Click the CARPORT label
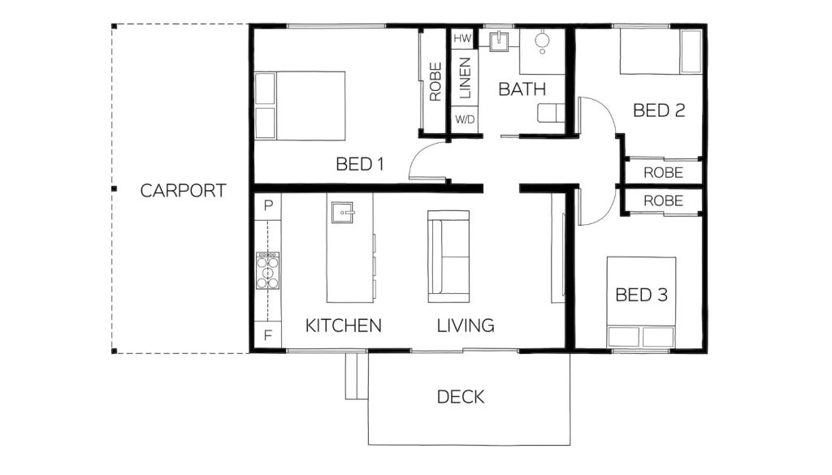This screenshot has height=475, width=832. pyautogui.click(x=183, y=191)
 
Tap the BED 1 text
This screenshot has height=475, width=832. pyautogui.click(x=359, y=165)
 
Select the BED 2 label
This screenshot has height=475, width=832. pyautogui.click(x=659, y=110)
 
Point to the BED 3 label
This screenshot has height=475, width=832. pyautogui.click(x=641, y=295)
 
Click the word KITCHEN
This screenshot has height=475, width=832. pyautogui.click(x=343, y=326)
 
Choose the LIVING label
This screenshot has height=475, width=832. pyautogui.click(x=466, y=326)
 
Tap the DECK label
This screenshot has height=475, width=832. pyautogui.click(x=461, y=397)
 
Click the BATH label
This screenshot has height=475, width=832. pyautogui.click(x=522, y=89)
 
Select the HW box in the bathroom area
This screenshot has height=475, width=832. pyautogui.click(x=462, y=39)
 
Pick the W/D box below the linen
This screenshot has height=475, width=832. pyautogui.click(x=465, y=120)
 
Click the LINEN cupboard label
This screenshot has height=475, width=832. pyautogui.click(x=465, y=79)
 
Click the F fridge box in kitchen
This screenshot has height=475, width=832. pyautogui.click(x=267, y=334)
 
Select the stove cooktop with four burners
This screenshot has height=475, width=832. pyautogui.click(x=268, y=270)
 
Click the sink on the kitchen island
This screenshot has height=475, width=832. pyautogui.click(x=342, y=213)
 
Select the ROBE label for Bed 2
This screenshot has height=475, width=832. pyautogui.click(x=663, y=173)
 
